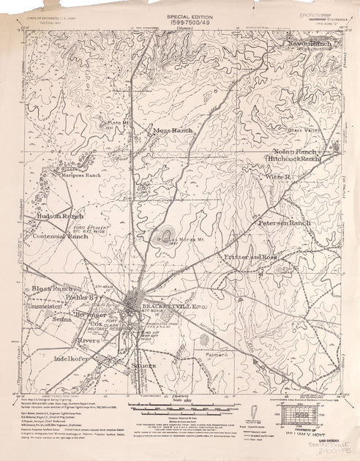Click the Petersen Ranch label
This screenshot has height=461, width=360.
click(x=285, y=221)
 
